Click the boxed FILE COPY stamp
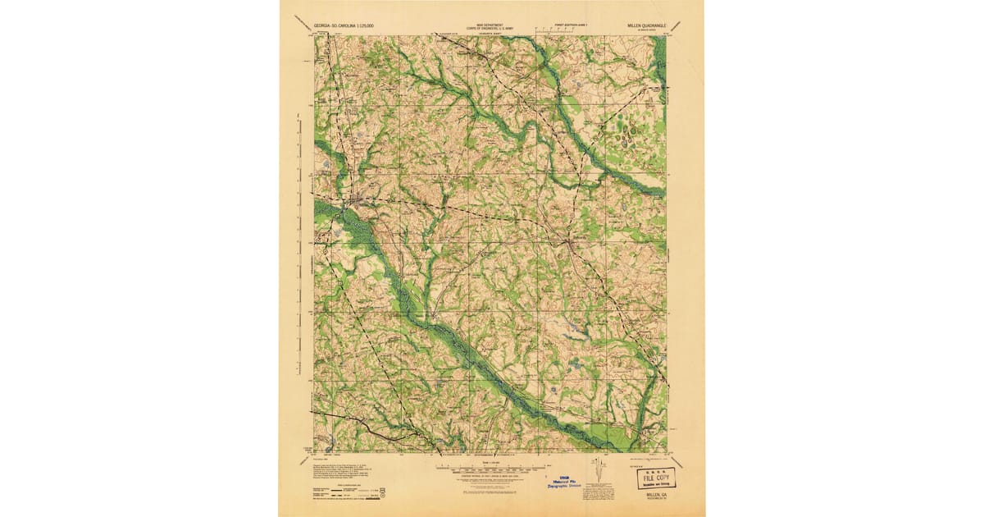pos(657,478)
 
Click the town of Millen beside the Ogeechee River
pos(352,199)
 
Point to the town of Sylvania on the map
pos(572,241)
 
